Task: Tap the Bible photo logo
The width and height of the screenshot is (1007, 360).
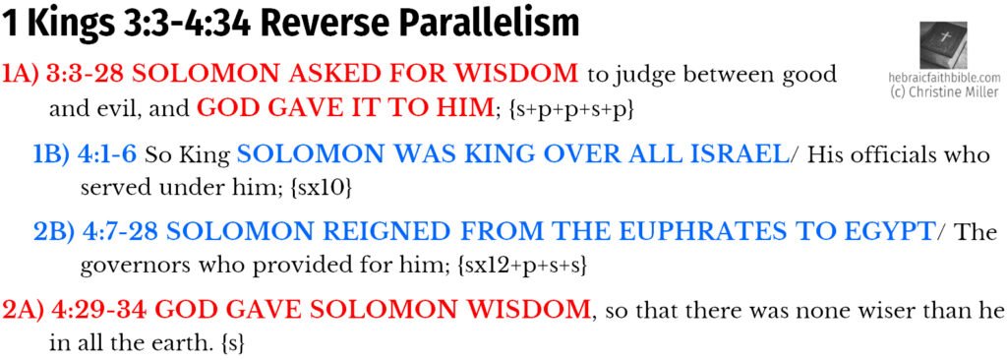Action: tap(943, 45)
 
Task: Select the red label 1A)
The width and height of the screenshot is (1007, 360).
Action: tap(21, 76)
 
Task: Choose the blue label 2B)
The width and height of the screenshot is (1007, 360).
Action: tap(54, 233)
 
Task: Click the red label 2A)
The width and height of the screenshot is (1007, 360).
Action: tap(22, 312)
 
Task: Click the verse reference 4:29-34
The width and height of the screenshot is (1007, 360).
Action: tap(99, 312)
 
